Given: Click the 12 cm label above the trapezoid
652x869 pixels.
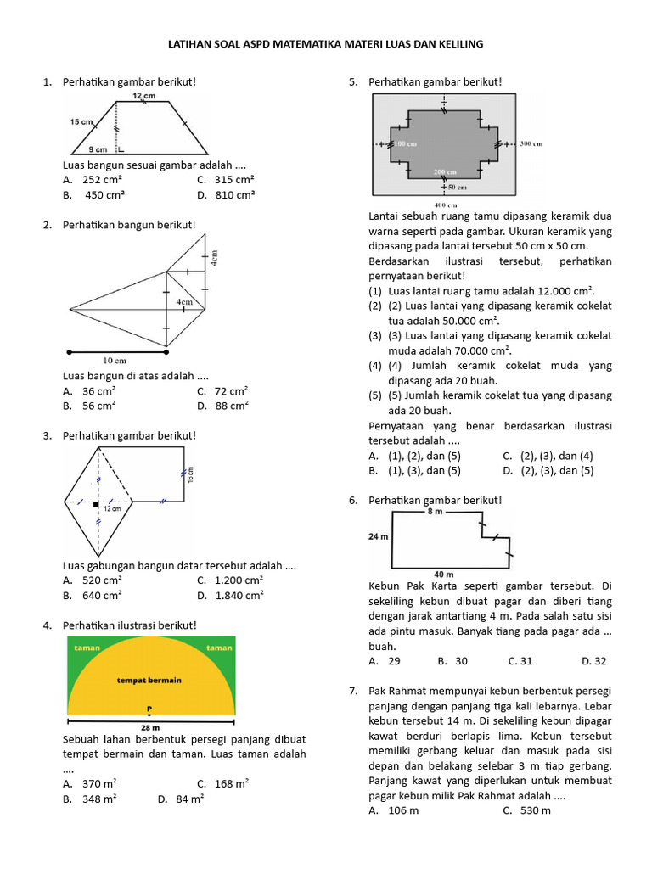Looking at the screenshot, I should click(x=143, y=97).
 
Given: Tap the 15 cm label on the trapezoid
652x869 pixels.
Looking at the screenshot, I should click(x=81, y=122).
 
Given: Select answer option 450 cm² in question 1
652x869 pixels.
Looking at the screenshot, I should click(x=104, y=194).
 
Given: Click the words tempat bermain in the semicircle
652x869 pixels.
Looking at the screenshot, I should click(x=149, y=680).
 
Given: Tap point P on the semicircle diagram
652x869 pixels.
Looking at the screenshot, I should click(x=149, y=708).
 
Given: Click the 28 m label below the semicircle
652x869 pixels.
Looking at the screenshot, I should click(x=150, y=727).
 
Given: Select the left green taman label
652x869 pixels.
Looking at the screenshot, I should click(x=87, y=648).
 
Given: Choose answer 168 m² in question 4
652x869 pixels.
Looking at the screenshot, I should click(x=231, y=783).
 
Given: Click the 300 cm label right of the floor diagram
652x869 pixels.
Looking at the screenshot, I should click(x=531, y=144).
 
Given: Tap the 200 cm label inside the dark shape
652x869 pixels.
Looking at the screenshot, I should click(x=445, y=172).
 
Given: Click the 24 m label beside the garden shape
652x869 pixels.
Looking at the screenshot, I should click(x=378, y=536).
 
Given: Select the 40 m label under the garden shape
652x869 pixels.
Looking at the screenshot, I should click(x=443, y=575).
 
